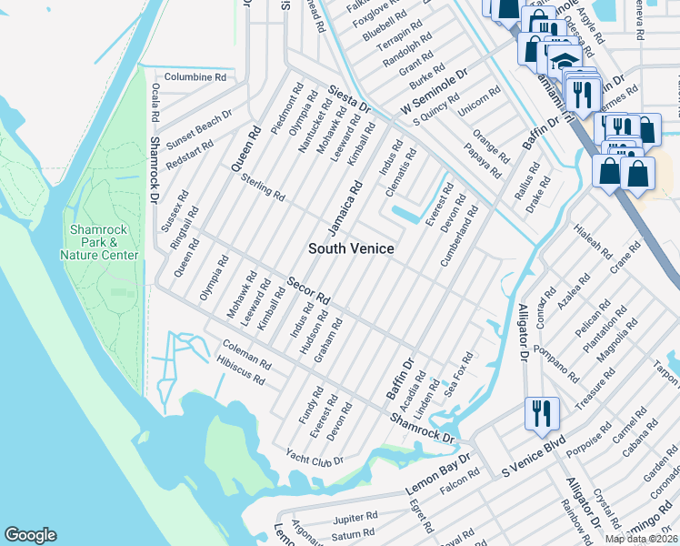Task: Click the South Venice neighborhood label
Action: click(x=351, y=248)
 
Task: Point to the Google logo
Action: click(x=30, y=535)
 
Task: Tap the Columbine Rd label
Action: click(x=195, y=78)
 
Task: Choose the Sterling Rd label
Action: click(x=263, y=189)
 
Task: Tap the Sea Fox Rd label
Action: click(x=458, y=374)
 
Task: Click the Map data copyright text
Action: click(x=641, y=539)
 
